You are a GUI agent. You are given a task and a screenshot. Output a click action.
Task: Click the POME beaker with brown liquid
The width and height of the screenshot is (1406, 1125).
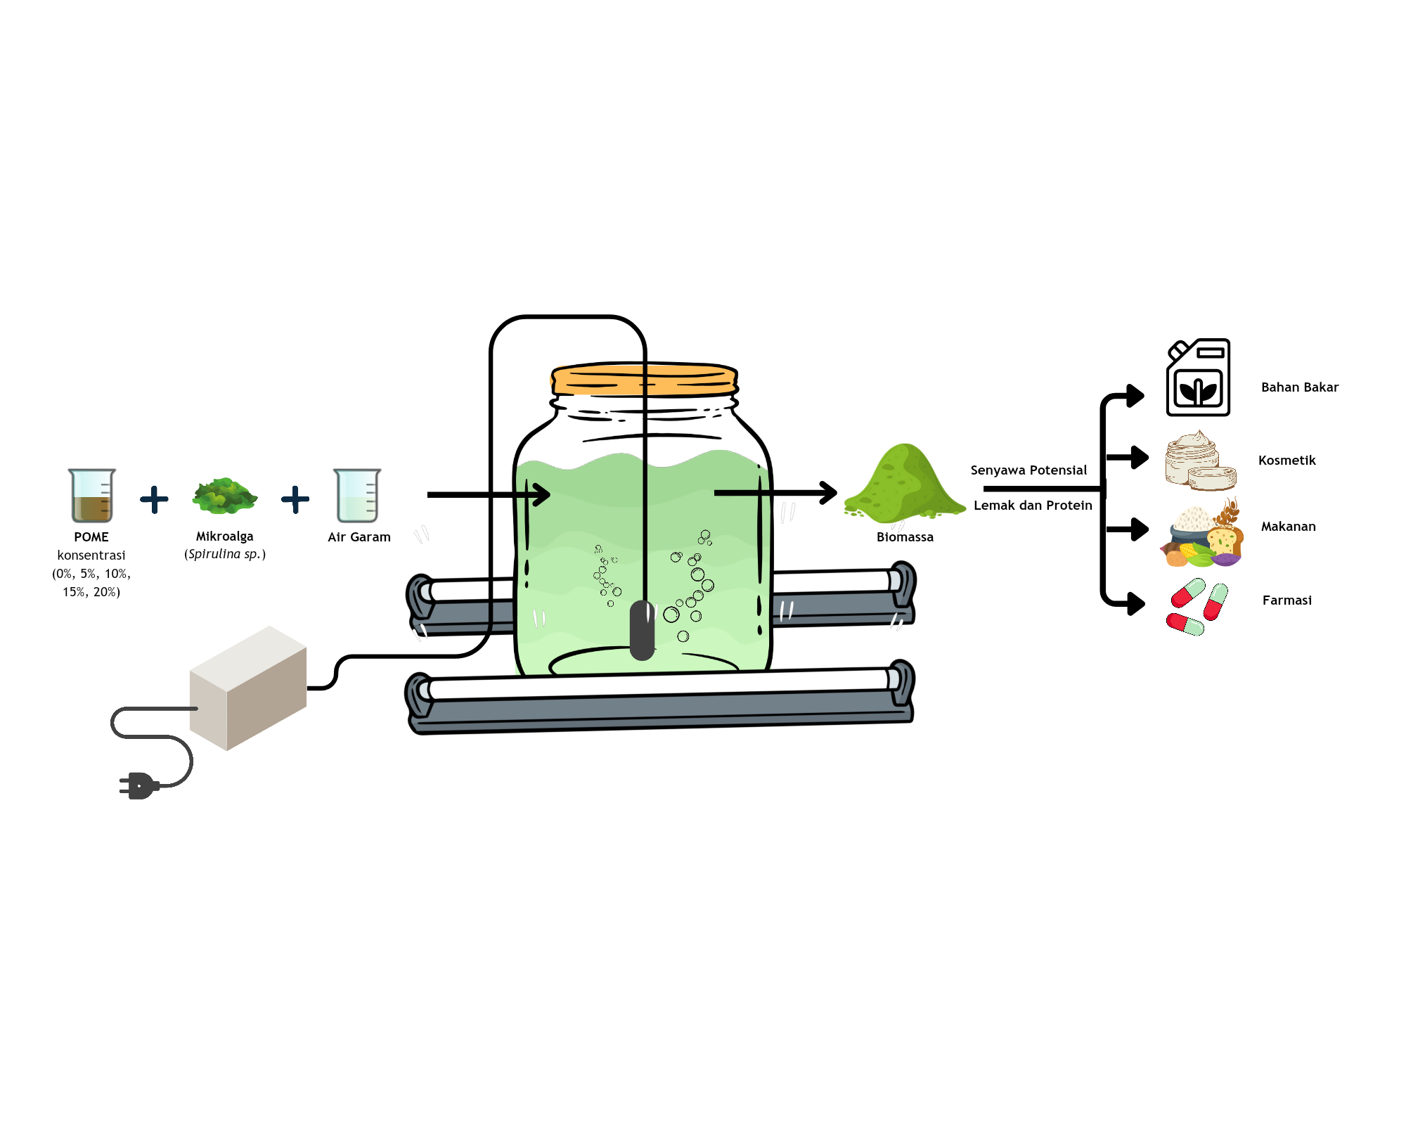tap(91, 496)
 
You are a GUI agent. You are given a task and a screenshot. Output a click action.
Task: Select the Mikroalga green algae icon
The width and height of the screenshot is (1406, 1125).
tap(225, 495)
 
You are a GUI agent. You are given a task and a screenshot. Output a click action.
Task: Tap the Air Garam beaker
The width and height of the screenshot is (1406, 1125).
tap(357, 496)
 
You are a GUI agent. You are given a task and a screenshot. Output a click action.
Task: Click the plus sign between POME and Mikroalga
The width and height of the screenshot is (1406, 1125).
tap(154, 500)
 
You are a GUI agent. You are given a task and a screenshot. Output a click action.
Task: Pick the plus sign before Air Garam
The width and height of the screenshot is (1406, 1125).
tap(295, 500)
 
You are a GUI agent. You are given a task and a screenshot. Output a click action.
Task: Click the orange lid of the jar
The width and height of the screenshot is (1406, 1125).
tap(644, 379)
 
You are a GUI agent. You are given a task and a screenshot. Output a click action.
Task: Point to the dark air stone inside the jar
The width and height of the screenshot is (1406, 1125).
tap(642, 630)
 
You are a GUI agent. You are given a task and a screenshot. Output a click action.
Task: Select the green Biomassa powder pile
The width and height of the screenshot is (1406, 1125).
tap(905, 486)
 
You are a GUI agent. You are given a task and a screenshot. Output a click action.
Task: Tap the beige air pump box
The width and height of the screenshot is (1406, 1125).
tap(248, 688)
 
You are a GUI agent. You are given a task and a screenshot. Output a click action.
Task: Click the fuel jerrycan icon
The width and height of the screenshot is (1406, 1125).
tap(1198, 378)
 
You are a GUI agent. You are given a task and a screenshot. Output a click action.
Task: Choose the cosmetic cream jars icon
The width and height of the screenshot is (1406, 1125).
tap(1199, 462)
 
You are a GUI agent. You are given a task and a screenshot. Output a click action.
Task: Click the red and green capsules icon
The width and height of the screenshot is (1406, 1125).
tap(1197, 606)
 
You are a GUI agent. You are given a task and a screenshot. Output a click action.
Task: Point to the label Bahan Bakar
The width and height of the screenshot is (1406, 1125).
tap(1299, 387)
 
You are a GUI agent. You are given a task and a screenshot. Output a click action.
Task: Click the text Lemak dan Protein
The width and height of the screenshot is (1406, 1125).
tap(1033, 506)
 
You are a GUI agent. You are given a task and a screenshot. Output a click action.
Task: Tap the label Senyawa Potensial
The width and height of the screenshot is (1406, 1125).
tap(1028, 470)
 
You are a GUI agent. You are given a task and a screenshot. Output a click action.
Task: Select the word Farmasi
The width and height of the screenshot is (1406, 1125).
tap(1286, 600)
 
